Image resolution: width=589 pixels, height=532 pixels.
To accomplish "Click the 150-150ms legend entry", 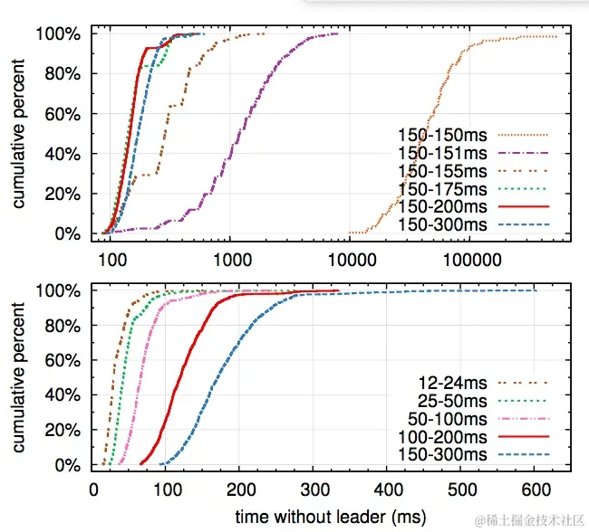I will [434, 137].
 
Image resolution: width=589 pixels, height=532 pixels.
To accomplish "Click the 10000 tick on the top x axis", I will [350, 256].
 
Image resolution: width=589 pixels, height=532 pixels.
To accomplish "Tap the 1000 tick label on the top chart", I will [230, 256].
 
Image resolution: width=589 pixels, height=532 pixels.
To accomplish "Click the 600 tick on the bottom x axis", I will [536, 488].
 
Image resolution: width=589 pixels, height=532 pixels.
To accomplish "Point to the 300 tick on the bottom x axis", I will [314, 488].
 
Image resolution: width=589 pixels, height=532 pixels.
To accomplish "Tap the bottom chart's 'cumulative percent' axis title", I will [20, 379].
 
